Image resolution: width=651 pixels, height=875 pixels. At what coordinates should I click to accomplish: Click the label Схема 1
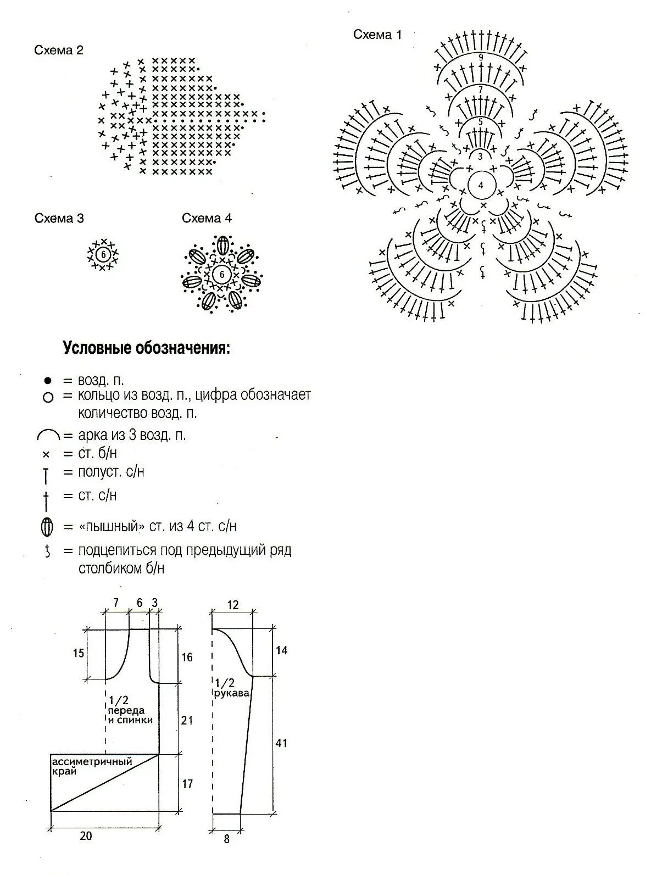(377, 35)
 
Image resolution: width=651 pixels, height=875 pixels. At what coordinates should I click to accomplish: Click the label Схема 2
(59, 51)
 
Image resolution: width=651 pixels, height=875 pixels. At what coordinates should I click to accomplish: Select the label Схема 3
(59, 219)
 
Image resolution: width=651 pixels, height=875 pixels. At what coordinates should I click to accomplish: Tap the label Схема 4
(207, 219)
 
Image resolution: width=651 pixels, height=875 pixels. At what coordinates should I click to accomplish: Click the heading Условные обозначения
(146, 348)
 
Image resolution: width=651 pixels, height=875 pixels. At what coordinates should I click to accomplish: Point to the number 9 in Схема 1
(481, 57)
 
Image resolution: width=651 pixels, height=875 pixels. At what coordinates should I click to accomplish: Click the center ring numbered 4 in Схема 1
(481, 185)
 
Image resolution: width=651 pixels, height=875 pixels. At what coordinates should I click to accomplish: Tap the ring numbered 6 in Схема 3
(103, 255)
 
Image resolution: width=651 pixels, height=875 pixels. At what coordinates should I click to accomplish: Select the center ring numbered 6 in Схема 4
(222, 274)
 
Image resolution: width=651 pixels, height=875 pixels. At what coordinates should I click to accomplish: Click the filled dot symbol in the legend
(47, 380)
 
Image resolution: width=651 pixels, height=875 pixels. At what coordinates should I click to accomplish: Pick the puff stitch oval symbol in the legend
(47, 527)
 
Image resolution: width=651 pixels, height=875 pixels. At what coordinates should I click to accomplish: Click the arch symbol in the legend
(48, 436)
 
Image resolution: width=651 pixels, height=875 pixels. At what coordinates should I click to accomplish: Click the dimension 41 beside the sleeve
(281, 743)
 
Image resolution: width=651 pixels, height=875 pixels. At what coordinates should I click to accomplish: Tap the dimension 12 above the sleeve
(233, 605)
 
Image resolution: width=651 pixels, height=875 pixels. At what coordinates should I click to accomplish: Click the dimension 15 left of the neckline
(79, 653)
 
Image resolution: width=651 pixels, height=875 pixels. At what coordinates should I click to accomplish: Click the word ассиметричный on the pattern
(92, 762)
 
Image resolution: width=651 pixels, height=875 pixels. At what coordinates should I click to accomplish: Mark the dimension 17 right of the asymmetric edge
(187, 783)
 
